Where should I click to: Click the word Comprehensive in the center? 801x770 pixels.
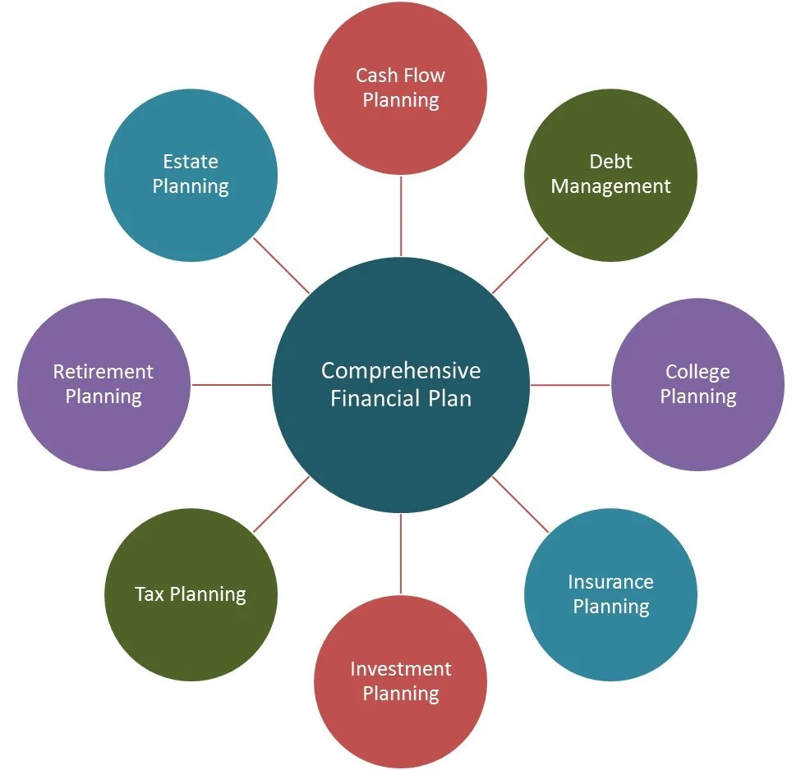tap(401, 371)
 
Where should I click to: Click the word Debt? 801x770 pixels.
tap(610, 162)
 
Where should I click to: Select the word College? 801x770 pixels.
tap(697, 372)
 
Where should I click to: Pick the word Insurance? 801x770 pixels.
tap(610, 582)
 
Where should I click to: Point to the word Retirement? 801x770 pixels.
tap(104, 372)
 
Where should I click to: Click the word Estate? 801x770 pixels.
tap(191, 162)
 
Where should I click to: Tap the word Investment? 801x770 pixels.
tap(401, 669)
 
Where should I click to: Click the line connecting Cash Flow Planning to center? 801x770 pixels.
tap(401, 216)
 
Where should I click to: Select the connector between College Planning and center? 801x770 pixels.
tap(570, 384)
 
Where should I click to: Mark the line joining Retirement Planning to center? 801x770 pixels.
tap(231, 384)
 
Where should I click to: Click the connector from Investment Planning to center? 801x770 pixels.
tap(401, 553)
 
